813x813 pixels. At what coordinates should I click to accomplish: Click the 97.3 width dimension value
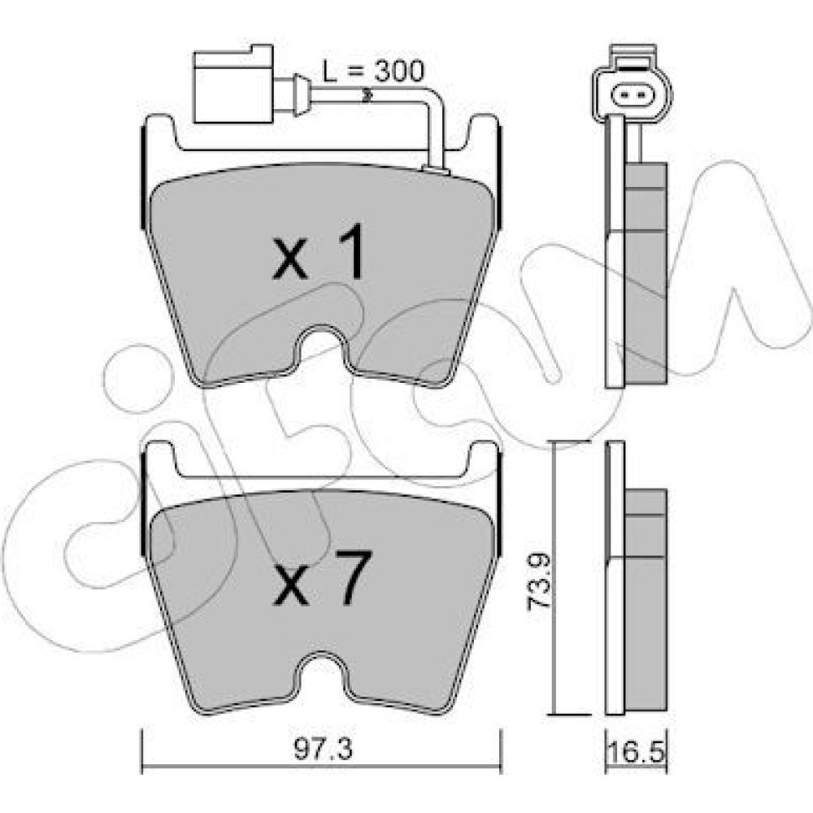point(323,750)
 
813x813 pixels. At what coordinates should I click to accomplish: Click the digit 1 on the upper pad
point(350,250)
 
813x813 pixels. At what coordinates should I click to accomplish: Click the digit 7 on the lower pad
point(354,576)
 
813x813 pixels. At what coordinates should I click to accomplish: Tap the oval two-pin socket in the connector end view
point(632,95)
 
